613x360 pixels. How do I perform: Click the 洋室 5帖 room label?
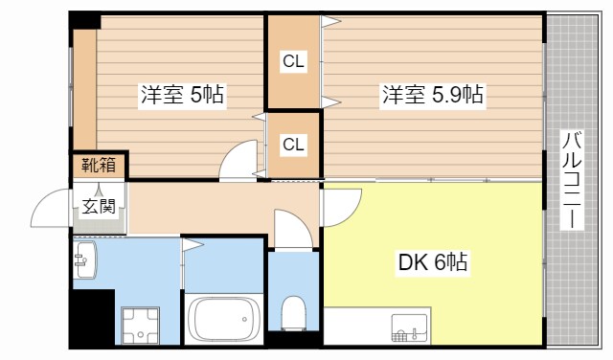coord(182,95)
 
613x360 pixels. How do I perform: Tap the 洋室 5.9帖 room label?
coord(433,95)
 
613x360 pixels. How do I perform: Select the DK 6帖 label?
coord(432,261)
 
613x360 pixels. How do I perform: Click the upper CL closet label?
coord(293,62)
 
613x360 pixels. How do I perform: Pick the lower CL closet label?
coord(293,145)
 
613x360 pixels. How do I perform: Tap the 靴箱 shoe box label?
coord(98,166)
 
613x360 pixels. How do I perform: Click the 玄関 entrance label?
coord(98,205)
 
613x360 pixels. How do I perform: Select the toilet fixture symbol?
coord(294,312)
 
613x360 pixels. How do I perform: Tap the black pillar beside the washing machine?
coord(93,317)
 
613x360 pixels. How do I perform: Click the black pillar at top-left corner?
coord(85,19)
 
